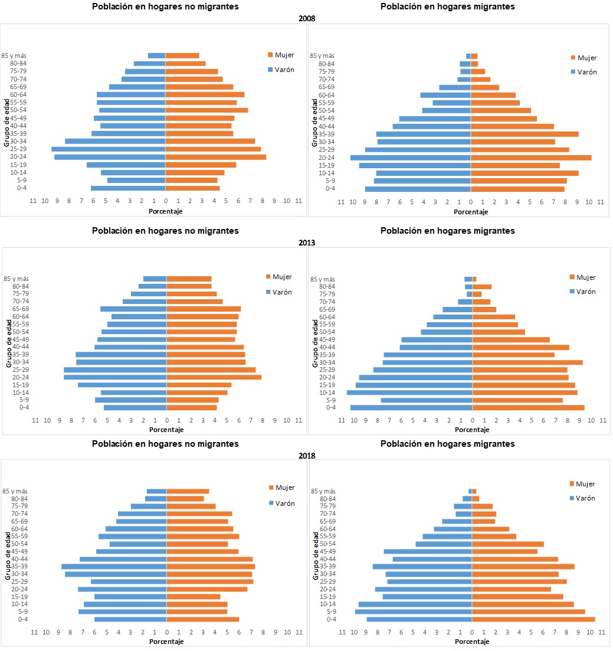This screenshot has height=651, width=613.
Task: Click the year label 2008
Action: pos(307,18)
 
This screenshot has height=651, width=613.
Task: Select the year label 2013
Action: pos(307,243)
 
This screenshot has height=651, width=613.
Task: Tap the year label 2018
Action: pos(307,456)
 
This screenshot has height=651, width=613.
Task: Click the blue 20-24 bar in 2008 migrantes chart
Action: pos(410,158)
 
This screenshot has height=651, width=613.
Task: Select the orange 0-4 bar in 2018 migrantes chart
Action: pos(533,619)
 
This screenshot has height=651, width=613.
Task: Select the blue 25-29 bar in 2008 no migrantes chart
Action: pos(108,149)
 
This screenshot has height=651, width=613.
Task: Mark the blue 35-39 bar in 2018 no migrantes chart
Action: pos(114,567)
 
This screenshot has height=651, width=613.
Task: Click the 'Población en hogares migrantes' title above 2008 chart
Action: pos(447,6)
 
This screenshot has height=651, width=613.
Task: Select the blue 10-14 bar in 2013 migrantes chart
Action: pos(409,392)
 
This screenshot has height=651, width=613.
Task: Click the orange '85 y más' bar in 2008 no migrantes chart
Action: pos(182,55)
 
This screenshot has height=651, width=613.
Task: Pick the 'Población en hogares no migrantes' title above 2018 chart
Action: pos(165,444)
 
